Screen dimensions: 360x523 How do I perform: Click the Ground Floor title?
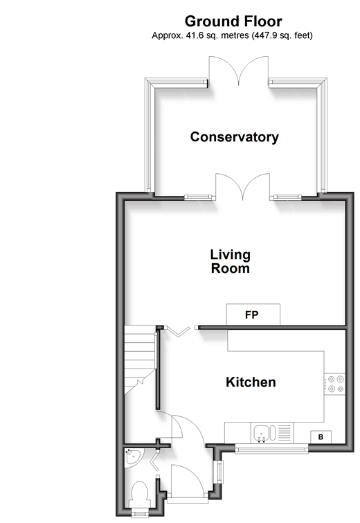[233, 21]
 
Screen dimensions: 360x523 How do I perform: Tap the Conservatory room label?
[234, 137]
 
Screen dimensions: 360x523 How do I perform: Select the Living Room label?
[231, 262]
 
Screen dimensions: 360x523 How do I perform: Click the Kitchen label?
[251, 382]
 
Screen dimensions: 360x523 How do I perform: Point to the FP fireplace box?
[253, 314]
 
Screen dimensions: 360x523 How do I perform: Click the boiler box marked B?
[321, 437]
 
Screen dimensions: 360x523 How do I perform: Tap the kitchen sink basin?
[261, 434]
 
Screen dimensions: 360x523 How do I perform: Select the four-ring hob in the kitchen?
[335, 384]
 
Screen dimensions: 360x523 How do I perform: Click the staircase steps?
[140, 359]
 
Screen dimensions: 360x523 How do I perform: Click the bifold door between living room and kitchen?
[179, 332]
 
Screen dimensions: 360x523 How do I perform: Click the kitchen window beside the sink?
[271, 450]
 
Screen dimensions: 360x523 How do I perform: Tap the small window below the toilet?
[140, 514]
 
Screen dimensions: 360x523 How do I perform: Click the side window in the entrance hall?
[219, 471]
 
